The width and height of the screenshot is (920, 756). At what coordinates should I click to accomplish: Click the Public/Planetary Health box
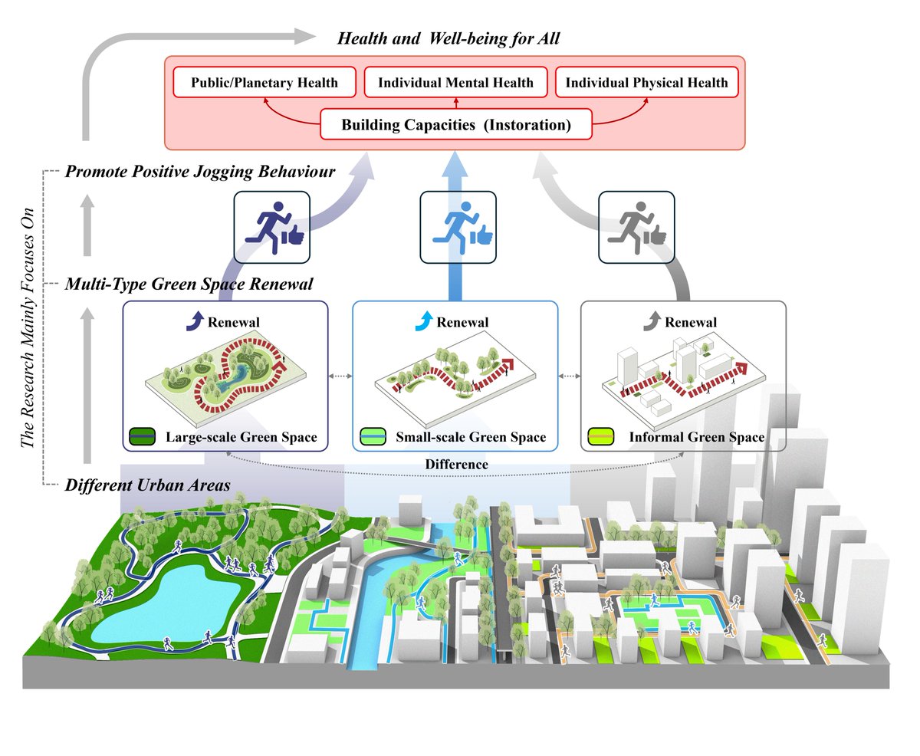pos(264,82)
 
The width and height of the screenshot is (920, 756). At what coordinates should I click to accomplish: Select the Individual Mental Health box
pos(455,82)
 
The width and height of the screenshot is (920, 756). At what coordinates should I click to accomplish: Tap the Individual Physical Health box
pos(646,82)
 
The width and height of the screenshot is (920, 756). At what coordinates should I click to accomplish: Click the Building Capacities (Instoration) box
pos(456,124)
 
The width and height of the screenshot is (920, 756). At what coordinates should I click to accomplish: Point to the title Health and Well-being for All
pos(449,38)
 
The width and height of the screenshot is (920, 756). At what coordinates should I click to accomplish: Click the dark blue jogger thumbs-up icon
pos(271,227)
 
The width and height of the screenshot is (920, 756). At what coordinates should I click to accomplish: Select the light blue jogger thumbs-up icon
pos(458,227)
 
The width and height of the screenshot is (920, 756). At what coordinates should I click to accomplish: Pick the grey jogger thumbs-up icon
pos(636,227)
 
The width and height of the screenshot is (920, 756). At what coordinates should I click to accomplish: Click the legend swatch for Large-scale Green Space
pos(142,436)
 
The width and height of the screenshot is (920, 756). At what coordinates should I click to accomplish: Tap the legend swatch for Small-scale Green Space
pos(373,436)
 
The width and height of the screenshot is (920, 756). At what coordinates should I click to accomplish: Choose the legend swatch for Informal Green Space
pos(600,436)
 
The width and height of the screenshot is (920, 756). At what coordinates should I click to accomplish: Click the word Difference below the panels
pos(456,464)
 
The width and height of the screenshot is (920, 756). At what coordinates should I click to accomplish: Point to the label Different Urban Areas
pos(147,485)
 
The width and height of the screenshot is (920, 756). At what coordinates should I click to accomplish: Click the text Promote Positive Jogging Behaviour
pos(200,172)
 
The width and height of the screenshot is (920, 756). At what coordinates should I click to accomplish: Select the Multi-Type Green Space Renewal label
pos(189,284)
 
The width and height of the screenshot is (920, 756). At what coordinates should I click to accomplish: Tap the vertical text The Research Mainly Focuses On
pos(28,328)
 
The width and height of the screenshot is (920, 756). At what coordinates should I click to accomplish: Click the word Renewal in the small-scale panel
pos(462,322)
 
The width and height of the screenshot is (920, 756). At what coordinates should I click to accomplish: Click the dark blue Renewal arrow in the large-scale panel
pos(195,321)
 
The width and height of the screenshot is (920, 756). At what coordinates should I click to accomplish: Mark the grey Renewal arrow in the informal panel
pos(652,321)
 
